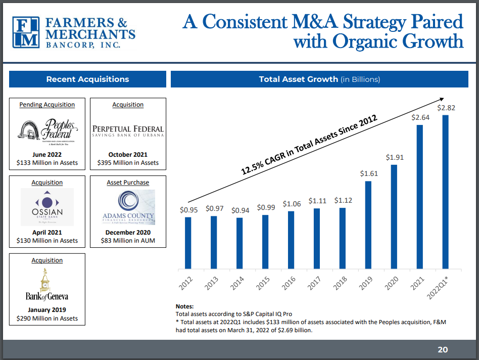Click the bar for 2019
tap(368, 224)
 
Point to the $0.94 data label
tap(239, 210)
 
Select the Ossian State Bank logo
tap(47, 207)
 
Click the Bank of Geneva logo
tap(47, 285)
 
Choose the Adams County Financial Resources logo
tap(128, 207)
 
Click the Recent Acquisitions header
tap(87, 79)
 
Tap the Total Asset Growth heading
tap(319, 79)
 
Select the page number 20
tap(443, 349)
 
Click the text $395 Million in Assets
tap(128, 163)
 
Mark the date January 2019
tap(47, 310)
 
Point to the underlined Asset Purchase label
tap(128, 183)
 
